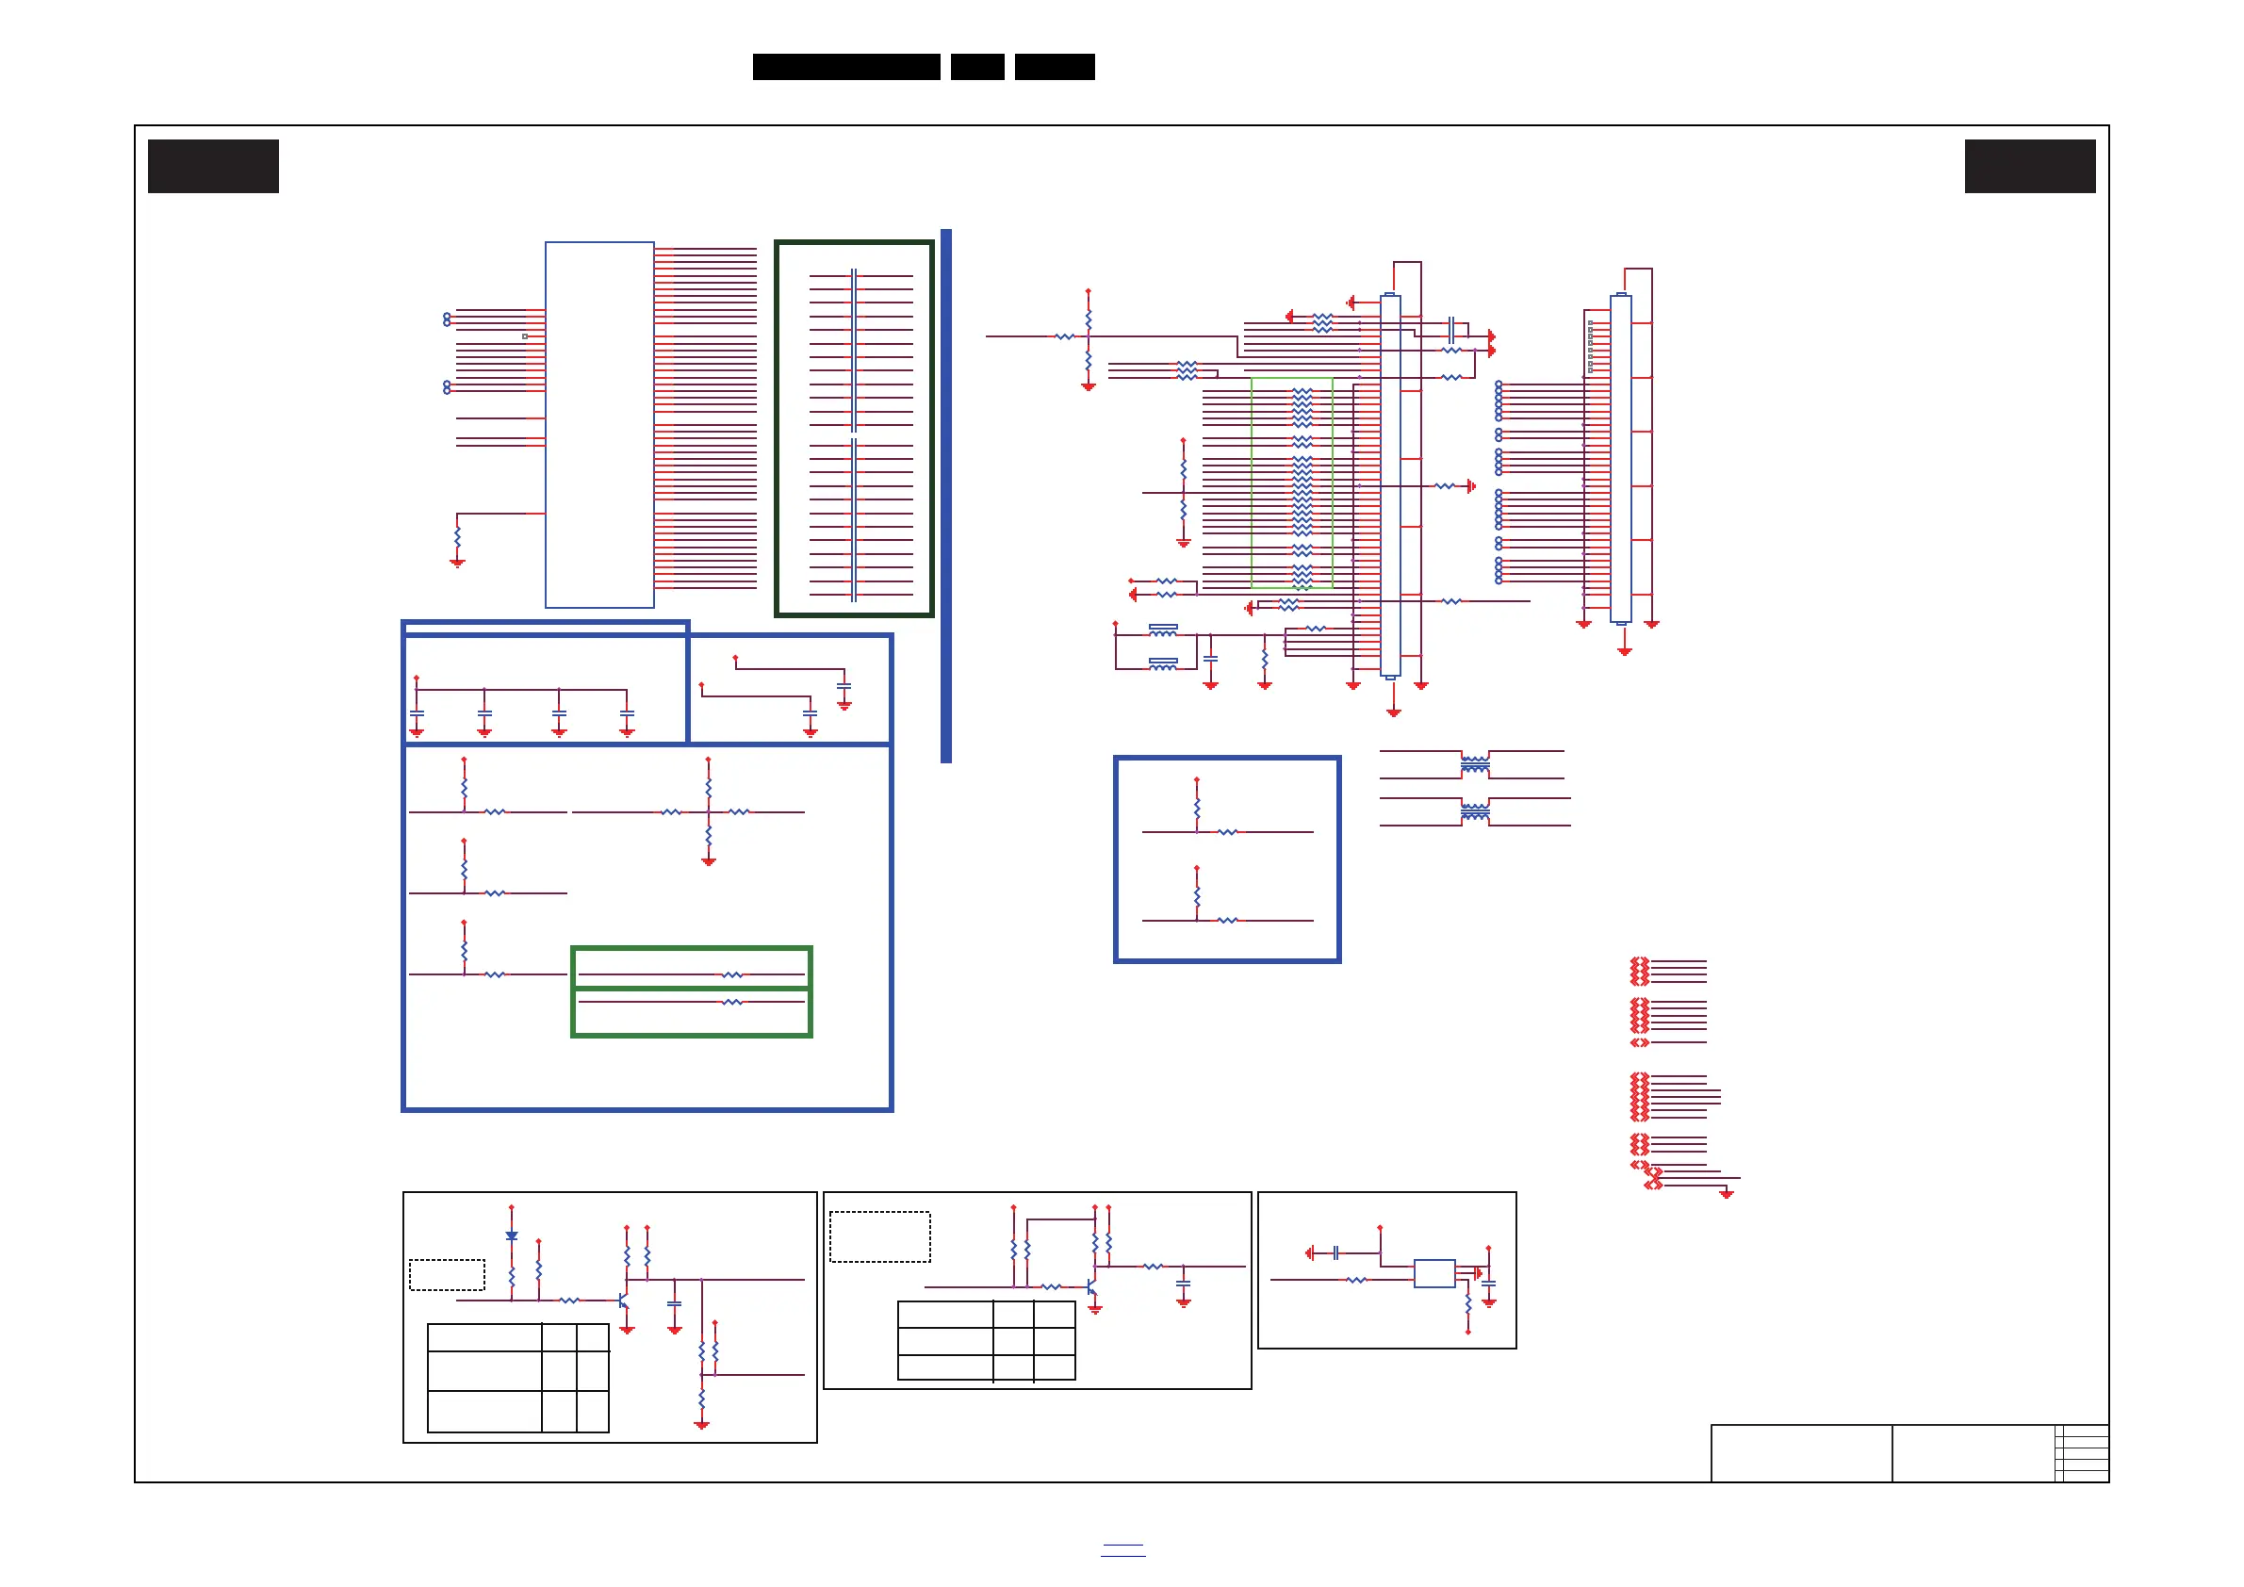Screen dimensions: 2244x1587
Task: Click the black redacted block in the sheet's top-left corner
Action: coord(213,166)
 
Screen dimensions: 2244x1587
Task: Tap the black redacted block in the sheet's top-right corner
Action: coord(2030,166)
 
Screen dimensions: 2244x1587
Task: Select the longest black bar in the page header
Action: coord(845,67)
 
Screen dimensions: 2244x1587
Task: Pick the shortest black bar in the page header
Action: coord(977,67)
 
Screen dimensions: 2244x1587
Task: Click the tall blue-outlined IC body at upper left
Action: coord(599,424)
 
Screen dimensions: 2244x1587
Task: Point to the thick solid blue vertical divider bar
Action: coord(946,496)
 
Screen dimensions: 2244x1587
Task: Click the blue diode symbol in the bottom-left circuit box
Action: coord(511,1236)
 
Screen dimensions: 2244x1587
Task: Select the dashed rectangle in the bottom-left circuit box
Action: coord(447,1274)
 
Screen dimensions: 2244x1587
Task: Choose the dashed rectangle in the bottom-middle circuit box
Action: coord(879,1236)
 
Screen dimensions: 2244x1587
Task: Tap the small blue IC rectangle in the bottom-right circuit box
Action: coord(1433,1273)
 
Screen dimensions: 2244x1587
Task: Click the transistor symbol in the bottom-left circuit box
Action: coord(624,1301)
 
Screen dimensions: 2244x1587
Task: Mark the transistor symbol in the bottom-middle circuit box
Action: coord(1091,1287)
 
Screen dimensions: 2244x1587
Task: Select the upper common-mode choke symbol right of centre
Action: coord(1475,764)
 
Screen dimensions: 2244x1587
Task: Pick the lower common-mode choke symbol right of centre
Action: coord(1475,812)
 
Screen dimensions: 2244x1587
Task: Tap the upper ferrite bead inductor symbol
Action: coord(1163,630)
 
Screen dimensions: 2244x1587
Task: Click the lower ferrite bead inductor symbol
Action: coord(1163,664)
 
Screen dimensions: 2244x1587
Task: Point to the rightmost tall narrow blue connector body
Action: coord(1620,458)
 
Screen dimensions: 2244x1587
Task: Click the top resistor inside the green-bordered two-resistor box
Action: coord(732,974)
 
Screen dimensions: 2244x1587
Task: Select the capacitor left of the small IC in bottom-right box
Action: coord(1335,1252)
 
